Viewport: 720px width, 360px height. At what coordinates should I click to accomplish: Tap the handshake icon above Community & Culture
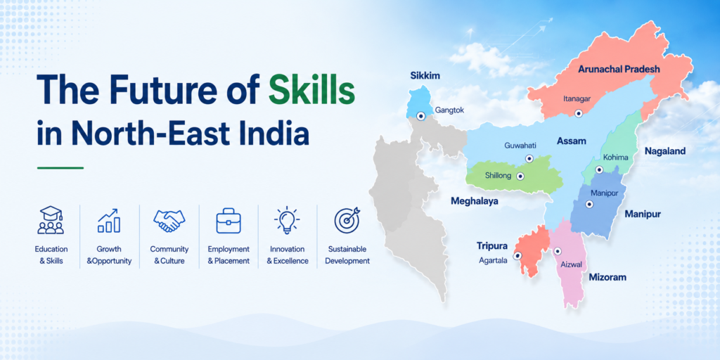tap(169, 220)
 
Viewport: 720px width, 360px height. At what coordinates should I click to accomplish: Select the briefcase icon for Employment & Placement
tap(229, 220)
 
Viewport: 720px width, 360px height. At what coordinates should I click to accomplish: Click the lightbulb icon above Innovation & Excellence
tap(287, 220)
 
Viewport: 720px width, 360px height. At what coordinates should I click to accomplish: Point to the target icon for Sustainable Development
tap(347, 220)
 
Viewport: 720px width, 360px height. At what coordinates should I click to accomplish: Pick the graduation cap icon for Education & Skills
tap(51, 220)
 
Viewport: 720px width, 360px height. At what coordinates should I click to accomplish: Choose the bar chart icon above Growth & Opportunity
tap(109, 220)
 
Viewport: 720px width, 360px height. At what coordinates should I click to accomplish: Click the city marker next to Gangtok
tap(420, 116)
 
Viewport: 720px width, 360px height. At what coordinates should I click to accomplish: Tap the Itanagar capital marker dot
tap(579, 113)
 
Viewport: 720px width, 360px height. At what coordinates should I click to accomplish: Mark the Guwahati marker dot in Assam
tap(529, 158)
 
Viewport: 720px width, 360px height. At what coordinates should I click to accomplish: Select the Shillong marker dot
tap(520, 176)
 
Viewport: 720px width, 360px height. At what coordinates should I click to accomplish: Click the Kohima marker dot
tap(599, 170)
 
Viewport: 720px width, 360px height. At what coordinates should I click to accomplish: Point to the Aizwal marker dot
tap(557, 252)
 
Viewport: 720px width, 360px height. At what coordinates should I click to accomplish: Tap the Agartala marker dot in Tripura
tap(517, 256)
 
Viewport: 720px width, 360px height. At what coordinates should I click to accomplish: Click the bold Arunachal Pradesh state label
tap(619, 70)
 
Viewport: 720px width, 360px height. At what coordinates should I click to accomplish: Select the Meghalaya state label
tap(475, 200)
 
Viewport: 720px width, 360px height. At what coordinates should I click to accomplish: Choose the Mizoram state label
tap(607, 277)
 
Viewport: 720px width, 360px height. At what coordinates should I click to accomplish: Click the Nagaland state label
tap(665, 151)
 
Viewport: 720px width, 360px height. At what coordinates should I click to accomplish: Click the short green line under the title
tap(60, 168)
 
